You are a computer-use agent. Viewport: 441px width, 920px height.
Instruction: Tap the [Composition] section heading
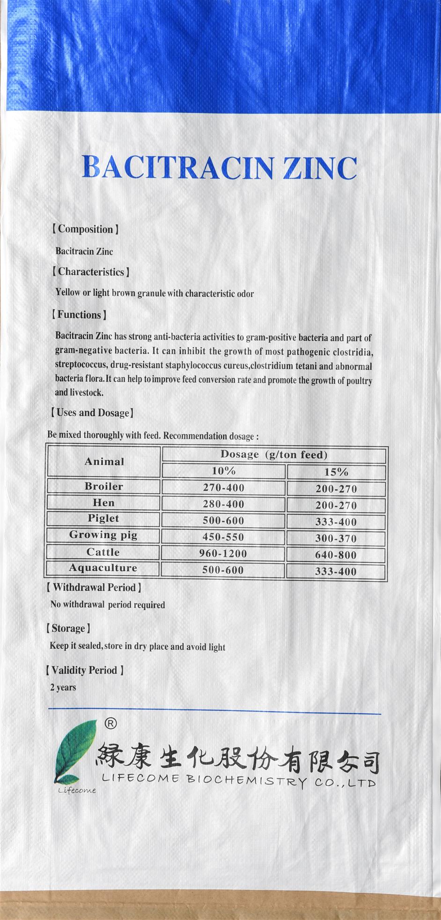[x=85, y=229]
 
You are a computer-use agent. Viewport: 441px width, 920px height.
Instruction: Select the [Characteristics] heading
[x=91, y=272]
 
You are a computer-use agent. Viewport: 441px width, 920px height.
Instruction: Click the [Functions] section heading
[x=79, y=315]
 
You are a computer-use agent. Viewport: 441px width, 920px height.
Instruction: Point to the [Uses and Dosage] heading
[x=92, y=413]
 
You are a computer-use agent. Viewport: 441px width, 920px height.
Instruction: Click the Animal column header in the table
[x=104, y=461]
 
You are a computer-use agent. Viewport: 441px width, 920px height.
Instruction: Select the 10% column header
[x=223, y=471]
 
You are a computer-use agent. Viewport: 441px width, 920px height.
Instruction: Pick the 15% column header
[x=336, y=472]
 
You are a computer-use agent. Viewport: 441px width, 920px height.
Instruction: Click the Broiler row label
[x=104, y=486]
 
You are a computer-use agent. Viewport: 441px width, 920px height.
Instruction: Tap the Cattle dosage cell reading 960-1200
[x=223, y=554]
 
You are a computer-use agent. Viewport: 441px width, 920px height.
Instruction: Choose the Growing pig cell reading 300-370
[x=336, y=539]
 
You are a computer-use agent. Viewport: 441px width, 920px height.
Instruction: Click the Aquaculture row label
[x=103, y=568]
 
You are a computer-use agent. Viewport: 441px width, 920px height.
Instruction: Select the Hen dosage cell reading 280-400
[x=223, y=504]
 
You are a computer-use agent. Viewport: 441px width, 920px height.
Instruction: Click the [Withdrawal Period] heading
[x=94, y=588]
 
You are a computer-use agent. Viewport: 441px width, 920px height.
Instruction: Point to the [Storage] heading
[x=68, y=628]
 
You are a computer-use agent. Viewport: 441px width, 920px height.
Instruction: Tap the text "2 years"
[x=63, y=687]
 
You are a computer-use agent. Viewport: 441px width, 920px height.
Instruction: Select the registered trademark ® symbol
[x=110, y=723]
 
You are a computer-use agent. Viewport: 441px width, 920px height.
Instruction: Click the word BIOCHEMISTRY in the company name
[x=246, y=779]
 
